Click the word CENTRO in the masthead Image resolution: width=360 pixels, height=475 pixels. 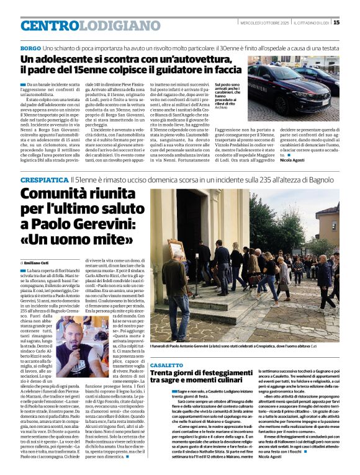[49, 25]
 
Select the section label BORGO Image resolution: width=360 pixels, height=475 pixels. [30, 48]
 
